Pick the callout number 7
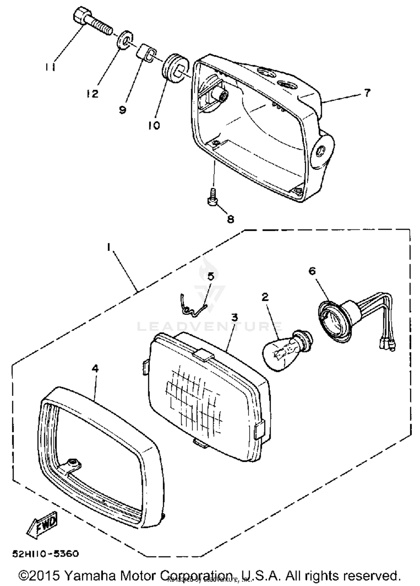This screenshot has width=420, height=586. [x=367, y=93]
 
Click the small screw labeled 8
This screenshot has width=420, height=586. [x=212, y=197]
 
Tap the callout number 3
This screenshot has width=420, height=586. [x=234, y=317]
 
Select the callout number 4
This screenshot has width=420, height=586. [x=95, y=369]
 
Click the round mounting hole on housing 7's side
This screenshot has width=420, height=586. [x=320, y=151]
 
